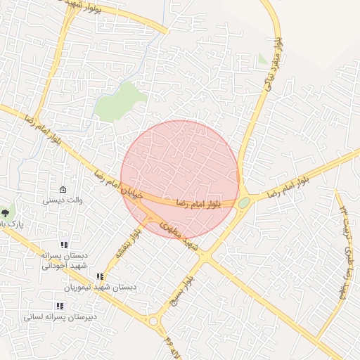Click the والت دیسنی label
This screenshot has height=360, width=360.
point(63,200)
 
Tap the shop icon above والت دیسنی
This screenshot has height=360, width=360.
point(63,190)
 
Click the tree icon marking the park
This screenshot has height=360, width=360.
point(6,212)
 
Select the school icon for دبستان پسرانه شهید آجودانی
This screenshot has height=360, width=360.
point(64,245)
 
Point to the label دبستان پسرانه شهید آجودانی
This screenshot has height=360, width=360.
point(63,260)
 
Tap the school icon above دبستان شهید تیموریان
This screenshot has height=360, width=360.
point(100,277)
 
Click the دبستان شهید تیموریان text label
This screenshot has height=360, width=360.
point(101,288)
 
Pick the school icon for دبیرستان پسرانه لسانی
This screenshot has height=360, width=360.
point(59,306)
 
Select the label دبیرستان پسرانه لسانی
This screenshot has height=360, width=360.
point(60,316)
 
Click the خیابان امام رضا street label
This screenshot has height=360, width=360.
point(119,182)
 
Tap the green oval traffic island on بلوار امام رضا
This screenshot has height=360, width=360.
point(244,202)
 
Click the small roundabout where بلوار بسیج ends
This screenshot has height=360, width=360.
point(153,321)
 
